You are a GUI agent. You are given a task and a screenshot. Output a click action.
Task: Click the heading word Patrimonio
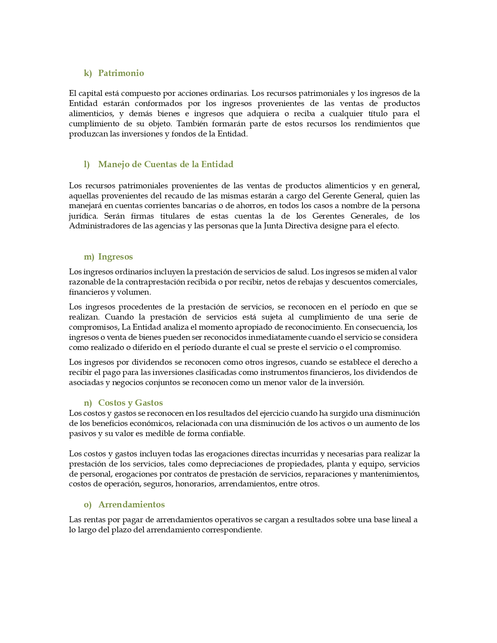point(121,73)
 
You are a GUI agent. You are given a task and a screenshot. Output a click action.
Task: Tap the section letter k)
point(88,73)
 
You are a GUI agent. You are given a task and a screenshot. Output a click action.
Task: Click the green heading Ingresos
point(115,257)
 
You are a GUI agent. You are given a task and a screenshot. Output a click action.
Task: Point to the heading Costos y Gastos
point(130,403)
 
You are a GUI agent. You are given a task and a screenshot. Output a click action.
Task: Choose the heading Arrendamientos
point(131,505)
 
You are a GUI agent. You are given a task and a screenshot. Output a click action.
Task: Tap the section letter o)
point(88,505)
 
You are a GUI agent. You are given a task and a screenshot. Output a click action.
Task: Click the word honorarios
point(195,484)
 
